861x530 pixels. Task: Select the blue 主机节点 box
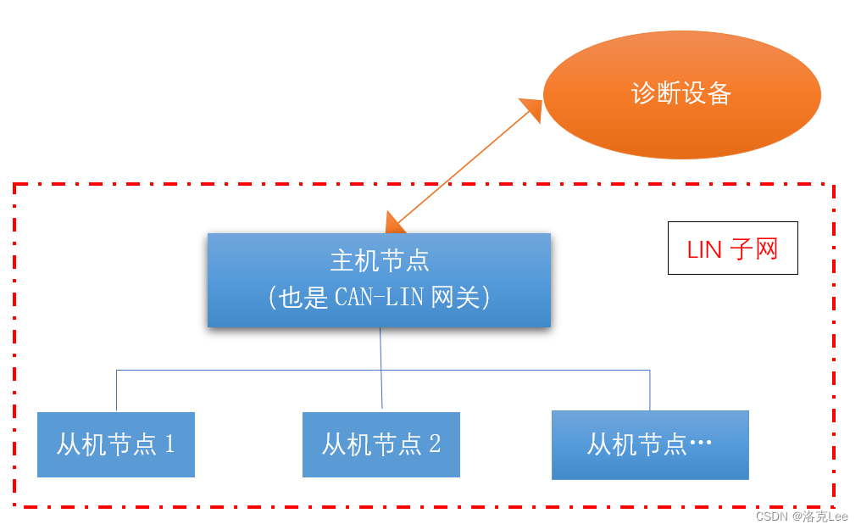point(379,280)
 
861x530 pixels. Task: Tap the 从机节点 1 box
point(116,444)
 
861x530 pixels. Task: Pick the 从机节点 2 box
point(381,444)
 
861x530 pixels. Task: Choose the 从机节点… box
point(650,444)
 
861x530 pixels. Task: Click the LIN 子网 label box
point(732,248)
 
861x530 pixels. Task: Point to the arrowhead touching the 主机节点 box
point(394,223)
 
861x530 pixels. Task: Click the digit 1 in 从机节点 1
point(169,444)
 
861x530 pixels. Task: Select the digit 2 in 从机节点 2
point(435,444)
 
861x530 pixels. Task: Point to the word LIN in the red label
point(704,249)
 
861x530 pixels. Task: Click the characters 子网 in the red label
point(754,249)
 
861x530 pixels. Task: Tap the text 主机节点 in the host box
point(379,260)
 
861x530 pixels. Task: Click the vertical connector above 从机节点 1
point(116,391)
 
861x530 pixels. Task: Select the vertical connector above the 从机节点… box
point(650,390)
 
